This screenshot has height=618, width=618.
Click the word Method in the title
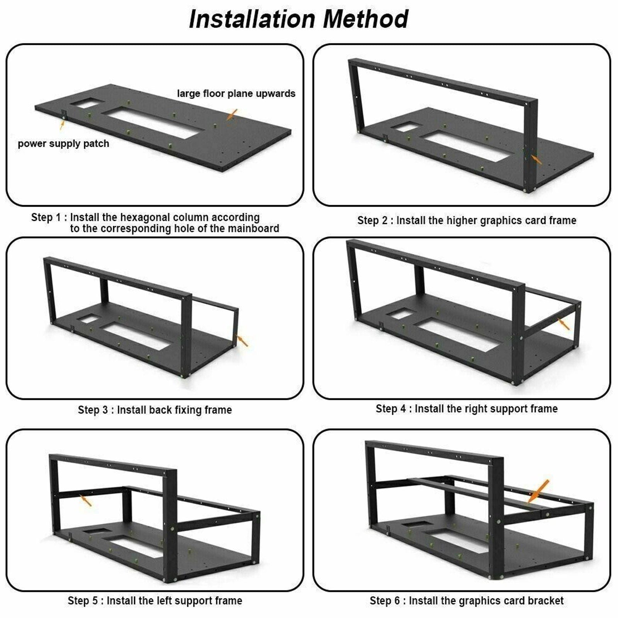pyautogui.click(x=365, y=19)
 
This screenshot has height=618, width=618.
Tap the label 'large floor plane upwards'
pyautogui.click(x=236, y=93)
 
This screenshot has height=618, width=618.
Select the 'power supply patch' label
pyautogui.click(x=63, y=144)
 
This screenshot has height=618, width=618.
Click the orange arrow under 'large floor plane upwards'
pyautogui.click(x=232, y=114)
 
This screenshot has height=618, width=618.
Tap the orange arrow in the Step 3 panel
pyautogui.click(x=243, y=341)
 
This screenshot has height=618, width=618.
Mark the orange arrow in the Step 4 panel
pyautogui.click(x=564, y=324)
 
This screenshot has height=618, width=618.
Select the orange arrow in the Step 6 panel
pyautogui.click(x=538, y=491)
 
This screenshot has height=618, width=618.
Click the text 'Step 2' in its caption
pyautogui.click(x=372, y=221)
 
